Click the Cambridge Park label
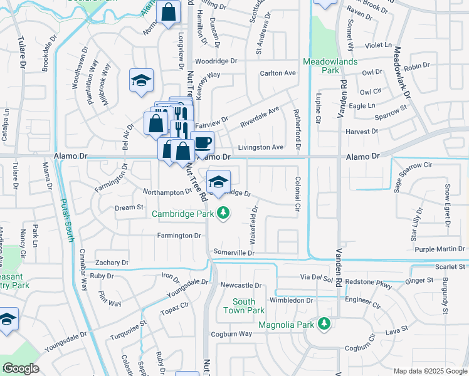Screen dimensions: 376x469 point(183,214)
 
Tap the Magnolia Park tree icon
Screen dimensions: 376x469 point(324,325)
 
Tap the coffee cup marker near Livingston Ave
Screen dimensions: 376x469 point(202,142)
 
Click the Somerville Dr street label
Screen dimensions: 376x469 point(233,253)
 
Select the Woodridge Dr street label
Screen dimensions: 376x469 point(216,61)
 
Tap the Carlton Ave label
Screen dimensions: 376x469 point(278,73)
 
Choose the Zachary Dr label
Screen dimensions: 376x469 point(112,263)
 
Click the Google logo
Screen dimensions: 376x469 point(21,368)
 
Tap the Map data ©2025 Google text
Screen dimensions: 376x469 point(429,371)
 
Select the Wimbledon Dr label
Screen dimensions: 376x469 point(291,301)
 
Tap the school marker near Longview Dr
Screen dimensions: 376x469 point(142,80)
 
